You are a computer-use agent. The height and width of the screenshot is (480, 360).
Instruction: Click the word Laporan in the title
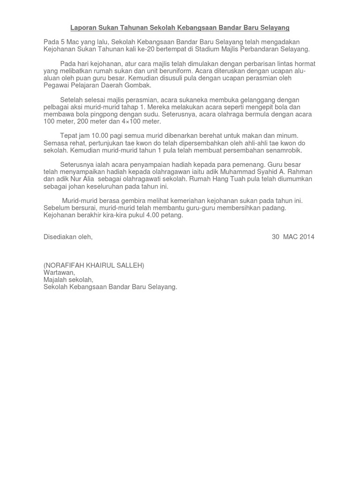click(x=82, y=28)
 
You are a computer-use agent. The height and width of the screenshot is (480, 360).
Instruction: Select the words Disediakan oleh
click(x=68, y=237)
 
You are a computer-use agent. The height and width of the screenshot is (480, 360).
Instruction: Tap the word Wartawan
click(x=59, y=272)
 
